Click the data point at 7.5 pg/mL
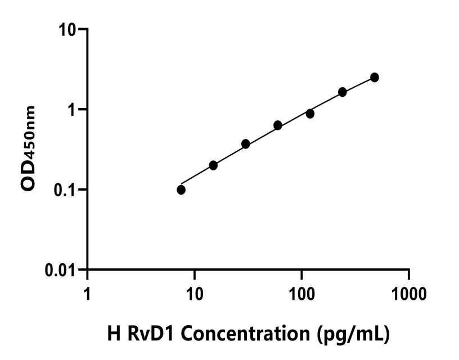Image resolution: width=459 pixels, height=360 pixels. tap(181, 190)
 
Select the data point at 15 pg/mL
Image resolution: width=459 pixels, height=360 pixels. tap(213, 165)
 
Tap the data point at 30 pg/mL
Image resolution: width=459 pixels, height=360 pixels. tap(246, 144)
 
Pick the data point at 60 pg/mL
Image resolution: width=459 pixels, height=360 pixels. tap(278, 125)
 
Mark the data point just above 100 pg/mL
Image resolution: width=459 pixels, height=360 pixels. tap(310, 114)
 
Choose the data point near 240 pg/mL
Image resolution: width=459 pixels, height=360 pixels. tap(343, 92)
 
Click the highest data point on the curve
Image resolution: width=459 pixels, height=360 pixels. tap(375, 77)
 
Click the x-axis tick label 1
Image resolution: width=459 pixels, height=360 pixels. tap(87, 294)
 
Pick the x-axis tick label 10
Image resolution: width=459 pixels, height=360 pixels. tap(194, 294)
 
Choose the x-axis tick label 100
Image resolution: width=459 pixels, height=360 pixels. tap(301, 294)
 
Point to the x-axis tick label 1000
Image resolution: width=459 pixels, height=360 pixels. tap(408, 294)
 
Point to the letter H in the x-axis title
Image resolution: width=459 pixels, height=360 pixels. tap(112, 334)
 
